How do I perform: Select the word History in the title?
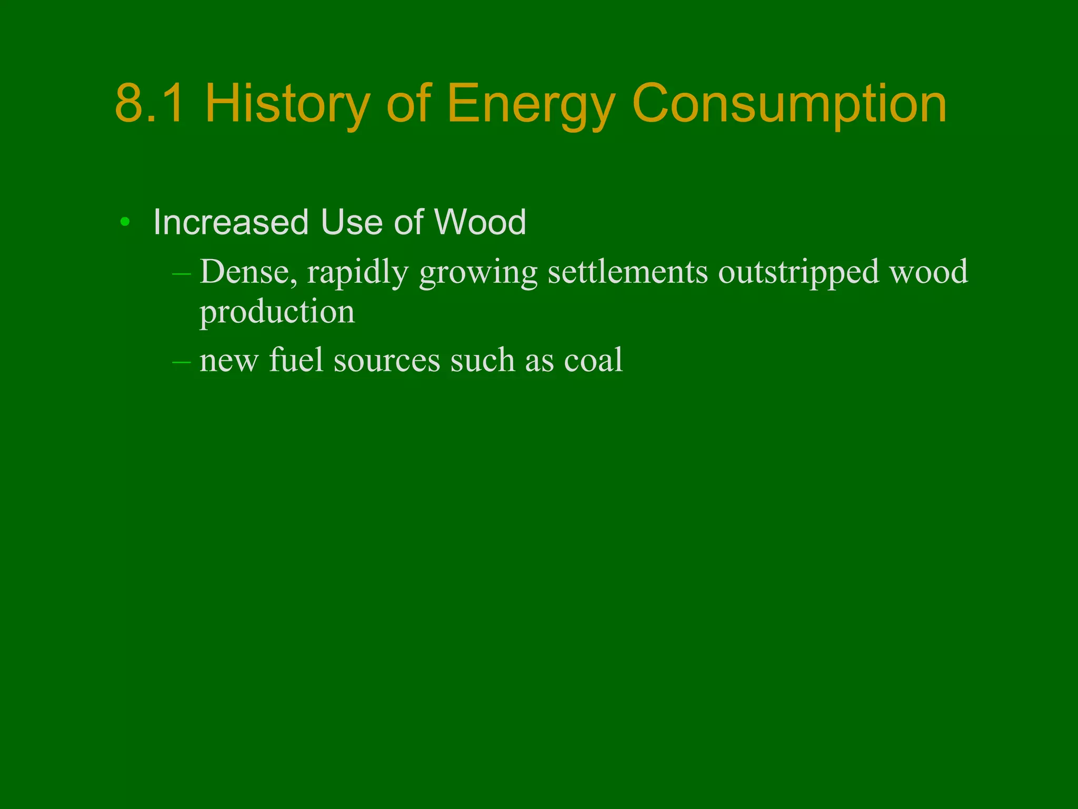point(287,104)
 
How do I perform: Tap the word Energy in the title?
point(531,104)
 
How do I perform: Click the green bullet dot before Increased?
point(125,222)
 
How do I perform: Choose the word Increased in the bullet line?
point(231,222)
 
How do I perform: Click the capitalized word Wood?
point(480,222)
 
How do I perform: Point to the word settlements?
point(627,272)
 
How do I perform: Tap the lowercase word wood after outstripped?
point(929,272)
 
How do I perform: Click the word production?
point(277,312)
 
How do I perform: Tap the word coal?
point(593,360)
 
